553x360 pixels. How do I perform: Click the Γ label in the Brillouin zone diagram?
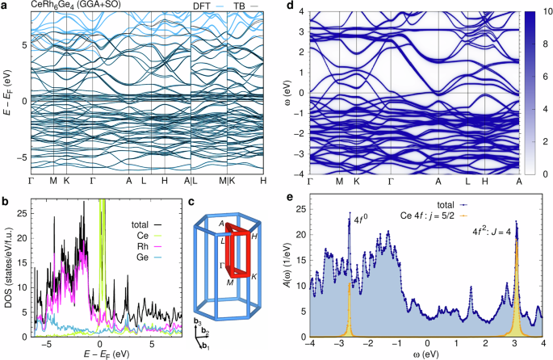coord(221,263)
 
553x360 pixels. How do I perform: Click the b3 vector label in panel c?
coord(198,323)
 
